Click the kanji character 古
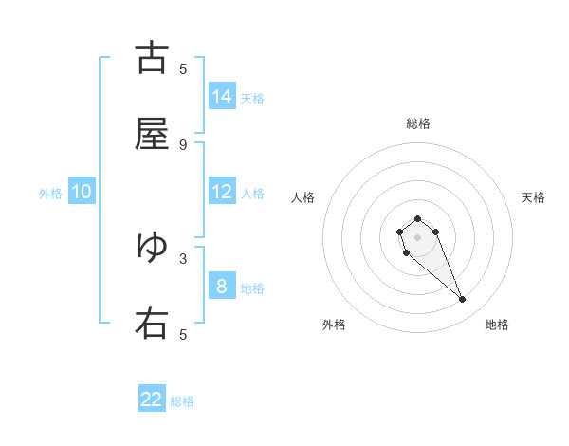pos(152,59)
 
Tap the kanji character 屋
pos(152,135)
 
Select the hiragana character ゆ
pos(152,247)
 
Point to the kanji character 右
pos(152,324)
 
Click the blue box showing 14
pos(222,97)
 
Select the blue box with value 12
pos(222,192)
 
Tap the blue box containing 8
pos(222,287)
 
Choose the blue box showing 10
pos(82,192)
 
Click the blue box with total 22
pos(152,400)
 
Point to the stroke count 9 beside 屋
pos(183,144)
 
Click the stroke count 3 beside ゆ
pos(183,257)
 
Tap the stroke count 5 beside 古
pos(183,68)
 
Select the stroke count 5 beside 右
pos(183,334)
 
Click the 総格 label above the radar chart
pos(418,123)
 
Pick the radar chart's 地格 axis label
pos(497,325)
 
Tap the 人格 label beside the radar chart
pos(303,197)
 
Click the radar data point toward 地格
pos(463,300)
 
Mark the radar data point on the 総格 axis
pos(418,219)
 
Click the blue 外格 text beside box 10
pos(50,194)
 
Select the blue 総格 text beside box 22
pos(182,401)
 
